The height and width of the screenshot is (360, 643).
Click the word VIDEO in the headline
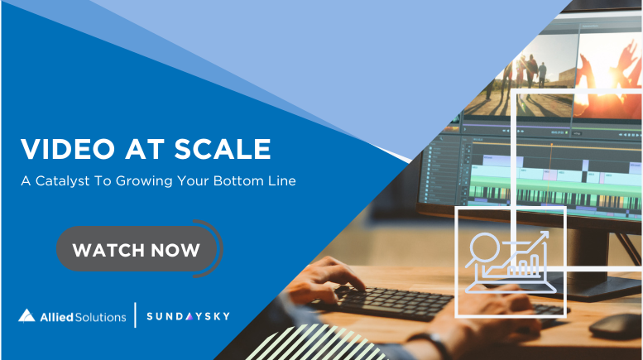[x=68, y=148]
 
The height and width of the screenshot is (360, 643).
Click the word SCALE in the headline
[x=223, y=148]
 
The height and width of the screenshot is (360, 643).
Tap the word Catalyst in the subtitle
[x=62, y=180]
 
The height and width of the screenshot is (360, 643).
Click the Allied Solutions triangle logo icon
[x=26, y=315]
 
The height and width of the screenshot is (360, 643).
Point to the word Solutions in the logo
[x=100, y=317]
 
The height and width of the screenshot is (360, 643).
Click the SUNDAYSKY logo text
[x=188, y=316]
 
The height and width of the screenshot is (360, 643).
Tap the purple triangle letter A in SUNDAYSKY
[x=189, y=316]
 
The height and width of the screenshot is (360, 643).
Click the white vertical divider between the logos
[x=136, y=315]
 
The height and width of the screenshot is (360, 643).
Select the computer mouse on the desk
[x=615, y=325]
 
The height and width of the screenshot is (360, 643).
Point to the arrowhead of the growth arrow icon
[x=544, y=236]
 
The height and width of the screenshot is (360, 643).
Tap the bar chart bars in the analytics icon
[x=523, y=266]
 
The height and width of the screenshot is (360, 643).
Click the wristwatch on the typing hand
[x=430, y=343]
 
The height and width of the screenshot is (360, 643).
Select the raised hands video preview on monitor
[x=607, y=76]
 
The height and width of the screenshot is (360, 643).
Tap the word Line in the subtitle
[x=282, y=180]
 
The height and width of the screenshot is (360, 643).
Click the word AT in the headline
[x=145, y=148]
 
